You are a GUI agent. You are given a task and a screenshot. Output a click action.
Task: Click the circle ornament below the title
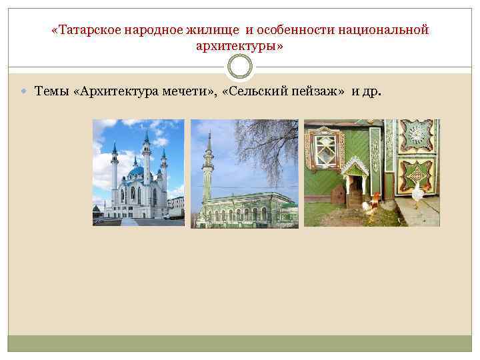(240, 67)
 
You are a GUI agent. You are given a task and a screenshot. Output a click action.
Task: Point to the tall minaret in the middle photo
(209, 170)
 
